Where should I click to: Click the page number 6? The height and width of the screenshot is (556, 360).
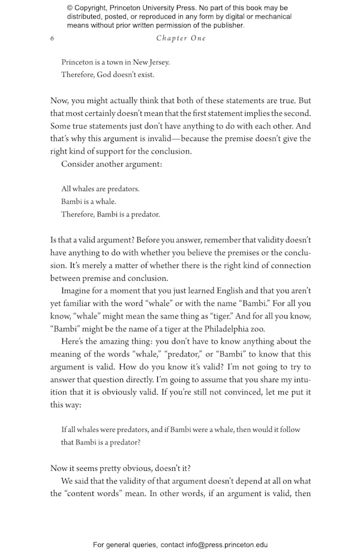53,38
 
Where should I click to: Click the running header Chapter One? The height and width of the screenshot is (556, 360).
181,38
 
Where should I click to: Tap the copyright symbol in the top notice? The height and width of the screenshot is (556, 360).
70,8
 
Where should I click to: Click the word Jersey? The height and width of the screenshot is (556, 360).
157,62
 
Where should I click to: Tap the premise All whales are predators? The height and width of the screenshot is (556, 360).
100,189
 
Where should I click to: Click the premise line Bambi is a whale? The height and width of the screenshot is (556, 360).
89,202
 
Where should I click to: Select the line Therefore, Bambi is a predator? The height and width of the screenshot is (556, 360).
110,214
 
